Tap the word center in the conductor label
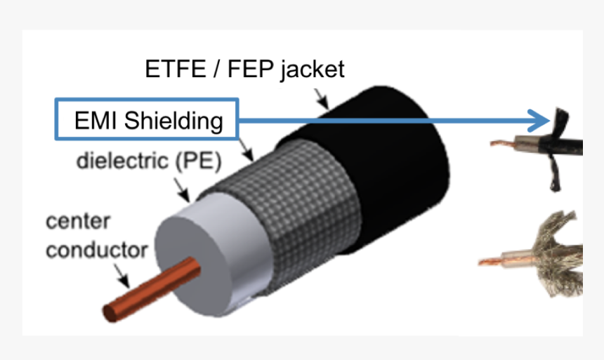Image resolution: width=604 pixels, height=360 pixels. click(x=78, y=221)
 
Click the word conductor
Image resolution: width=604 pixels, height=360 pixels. click(x=97, y=250)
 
